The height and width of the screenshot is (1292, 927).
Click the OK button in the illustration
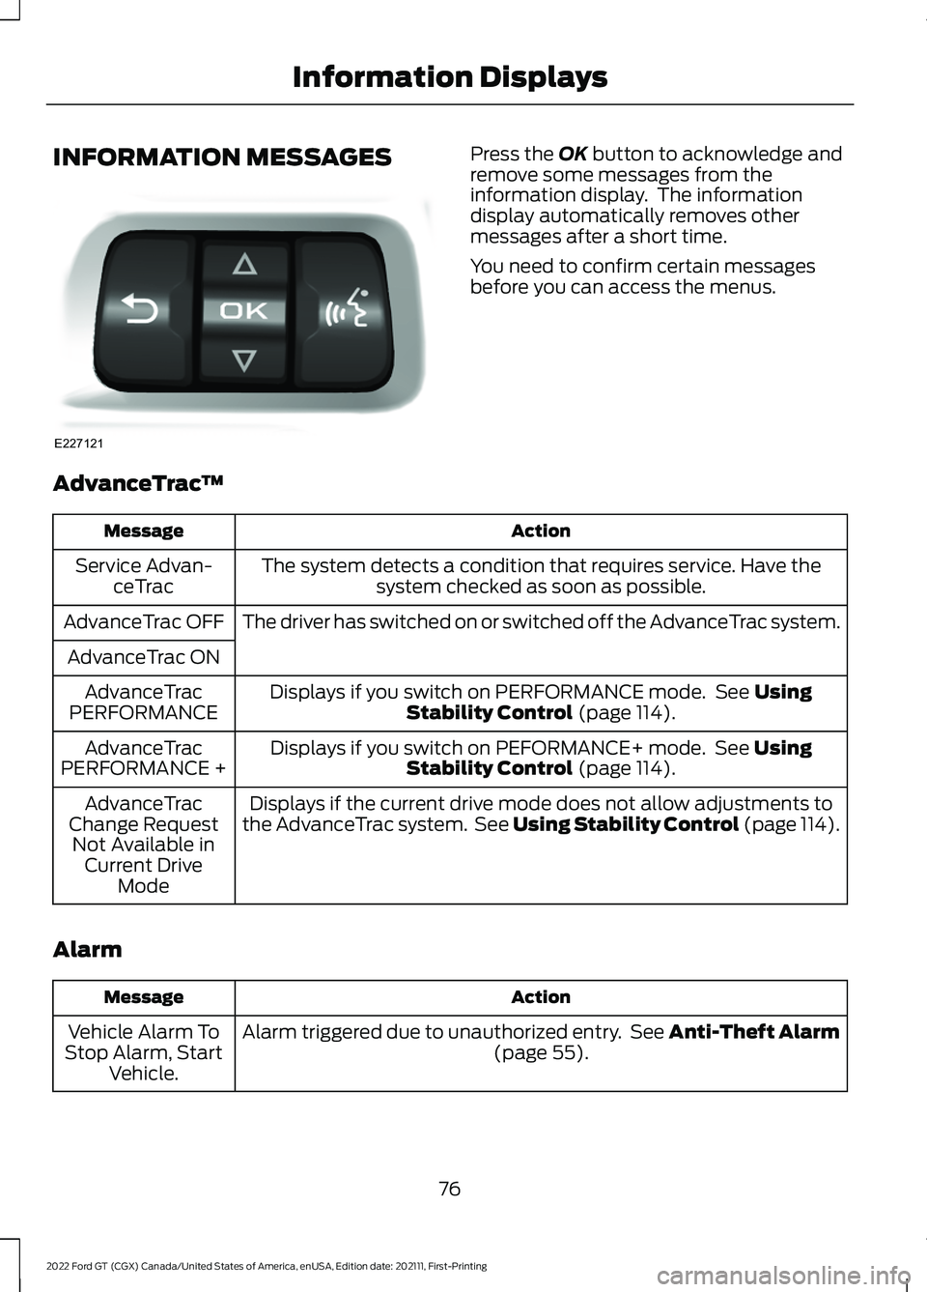pyautogui.click(x=244, y=311)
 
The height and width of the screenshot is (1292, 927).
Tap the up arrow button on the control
pyautogui.click(x=244, y=263)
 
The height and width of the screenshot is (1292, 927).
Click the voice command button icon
pyautogui.click(x=349, y=309)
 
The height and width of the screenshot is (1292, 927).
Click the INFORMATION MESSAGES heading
pyautogui.click(x=223, y=158)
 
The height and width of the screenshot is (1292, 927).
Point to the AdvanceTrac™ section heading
pyautogui.click(x=138, y=483)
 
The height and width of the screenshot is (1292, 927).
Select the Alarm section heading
pyautogui.click(x=88, y=950)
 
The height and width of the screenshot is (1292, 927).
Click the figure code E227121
pyautogui.click(x=78, y=443)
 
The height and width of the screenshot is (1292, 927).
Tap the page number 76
pyautogui.click(x=449, y=1189)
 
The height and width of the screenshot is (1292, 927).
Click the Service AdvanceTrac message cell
pyautogui.click(x=144, y=576)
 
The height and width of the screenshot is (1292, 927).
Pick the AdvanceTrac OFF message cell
pyautogui.click(x=144, y=621)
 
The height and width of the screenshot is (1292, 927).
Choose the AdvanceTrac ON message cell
pyautogui.click(x=144, y=657)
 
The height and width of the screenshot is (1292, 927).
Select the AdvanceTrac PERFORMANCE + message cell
pyautogui.click(x=144, y=759)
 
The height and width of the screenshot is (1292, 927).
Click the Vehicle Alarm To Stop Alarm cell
pyautogui.click(x=144, y=1052)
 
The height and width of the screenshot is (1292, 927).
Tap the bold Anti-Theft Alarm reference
pyautogui.click(x=753, y=1032)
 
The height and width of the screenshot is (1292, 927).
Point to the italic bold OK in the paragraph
pyautogui.click(x=572, y=155)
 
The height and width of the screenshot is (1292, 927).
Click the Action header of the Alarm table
pyautogui.click(x=541, y=997)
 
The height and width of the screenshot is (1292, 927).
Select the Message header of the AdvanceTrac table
pyautogui.click(x=144, y=531)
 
